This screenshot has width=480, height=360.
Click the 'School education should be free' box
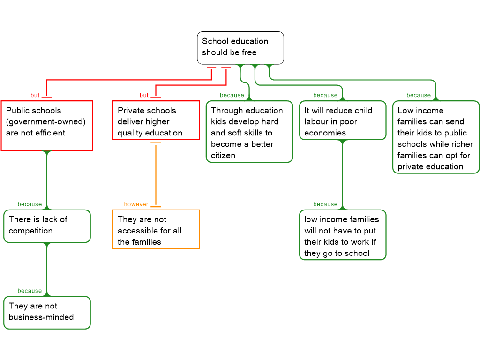[x=240, y=47]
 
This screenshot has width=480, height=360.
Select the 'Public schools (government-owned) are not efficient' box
[x=47, y=126]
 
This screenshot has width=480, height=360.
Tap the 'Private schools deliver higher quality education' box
[x=156, y=120]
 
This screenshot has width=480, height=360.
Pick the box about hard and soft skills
[x=249, y=132]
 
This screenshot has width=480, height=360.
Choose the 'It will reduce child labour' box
[x=343, y=120]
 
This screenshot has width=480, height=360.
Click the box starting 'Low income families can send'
[x=436, y=137]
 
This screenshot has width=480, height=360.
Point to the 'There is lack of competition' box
[x=47, y=226]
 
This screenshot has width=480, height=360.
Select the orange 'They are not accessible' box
[x=156, y=229]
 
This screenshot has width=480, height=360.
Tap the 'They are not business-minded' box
[x=47, y=312]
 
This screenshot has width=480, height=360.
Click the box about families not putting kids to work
[x=343, y=235]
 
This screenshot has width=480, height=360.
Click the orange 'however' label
[x=136, y=204]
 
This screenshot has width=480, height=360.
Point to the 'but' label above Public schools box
[x=35, y=96]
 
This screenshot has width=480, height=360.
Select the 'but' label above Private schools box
[x=144, y=96]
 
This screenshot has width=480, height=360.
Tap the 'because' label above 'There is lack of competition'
[x=30, y=204]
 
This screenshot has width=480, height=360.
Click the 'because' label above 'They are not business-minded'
[x=30, y=291]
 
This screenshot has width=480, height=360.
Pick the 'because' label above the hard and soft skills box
[x=232, y=96]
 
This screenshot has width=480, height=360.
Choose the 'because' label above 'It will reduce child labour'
[x=325, y=96]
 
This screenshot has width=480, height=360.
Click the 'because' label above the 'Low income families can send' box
[x=419, y=96]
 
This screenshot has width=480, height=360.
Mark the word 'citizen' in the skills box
[x=223, y=155]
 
